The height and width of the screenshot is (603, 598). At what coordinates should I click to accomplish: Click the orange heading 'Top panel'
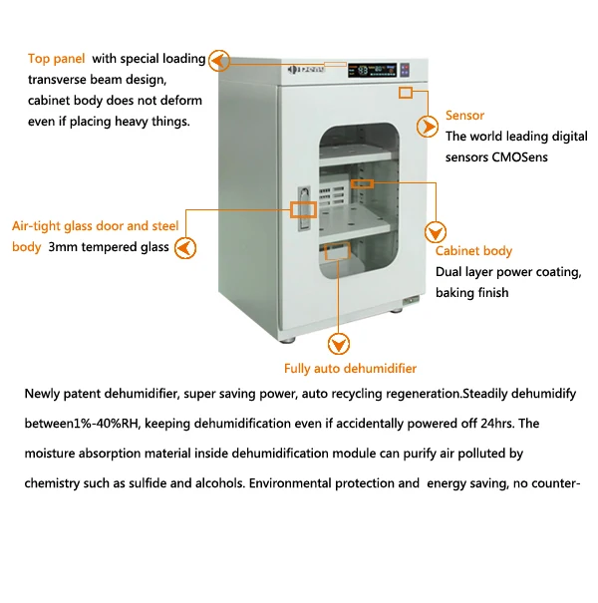(57, 59)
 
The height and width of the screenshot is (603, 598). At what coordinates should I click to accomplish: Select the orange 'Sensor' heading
(464, 116)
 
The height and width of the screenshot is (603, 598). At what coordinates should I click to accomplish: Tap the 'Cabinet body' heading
(473, 251)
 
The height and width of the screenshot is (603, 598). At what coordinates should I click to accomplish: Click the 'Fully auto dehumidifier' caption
(351, 368)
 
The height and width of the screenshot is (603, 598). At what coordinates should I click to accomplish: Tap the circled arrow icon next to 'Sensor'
(428, 127)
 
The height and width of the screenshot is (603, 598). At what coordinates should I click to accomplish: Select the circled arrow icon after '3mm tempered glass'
(185, 247)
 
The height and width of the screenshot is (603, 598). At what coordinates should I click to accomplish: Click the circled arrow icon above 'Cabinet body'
(435, 232)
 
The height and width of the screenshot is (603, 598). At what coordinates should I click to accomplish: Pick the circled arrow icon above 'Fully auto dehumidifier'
(340, 344)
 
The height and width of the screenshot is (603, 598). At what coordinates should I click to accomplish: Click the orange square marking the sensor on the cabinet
(405, 93)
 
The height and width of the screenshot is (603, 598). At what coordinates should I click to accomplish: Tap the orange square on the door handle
(303, 210)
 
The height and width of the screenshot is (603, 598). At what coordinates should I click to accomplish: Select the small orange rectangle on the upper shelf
(361, 183)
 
